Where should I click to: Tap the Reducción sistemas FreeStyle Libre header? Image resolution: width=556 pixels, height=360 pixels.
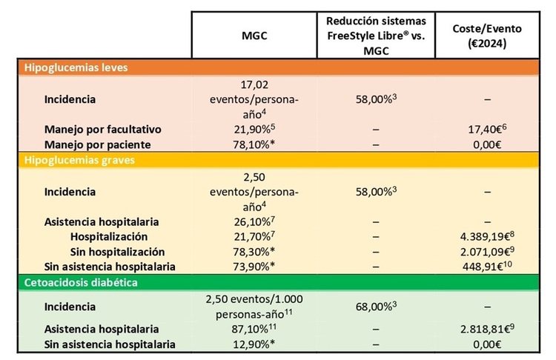(376, 34)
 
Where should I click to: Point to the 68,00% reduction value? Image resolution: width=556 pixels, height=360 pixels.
(376, 307)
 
